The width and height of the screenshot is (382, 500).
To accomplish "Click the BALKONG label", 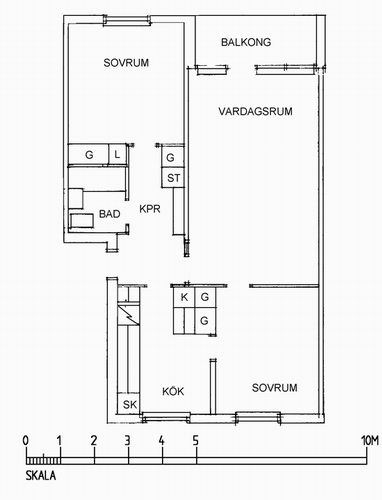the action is (x=246, y=42).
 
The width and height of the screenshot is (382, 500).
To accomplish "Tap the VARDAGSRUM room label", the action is (x=255, y=111).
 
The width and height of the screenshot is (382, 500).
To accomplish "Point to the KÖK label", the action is (x=173, y=391).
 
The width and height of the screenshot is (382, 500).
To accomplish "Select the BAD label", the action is (x=110, y=214).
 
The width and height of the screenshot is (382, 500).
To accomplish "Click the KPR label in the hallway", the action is (x=150, y=209).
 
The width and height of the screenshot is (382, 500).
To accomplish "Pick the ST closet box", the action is (x=173, y=178).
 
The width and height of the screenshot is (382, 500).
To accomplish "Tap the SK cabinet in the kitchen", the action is (x=129, y=404).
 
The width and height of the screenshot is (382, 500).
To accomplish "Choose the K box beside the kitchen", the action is (x=184, y=297).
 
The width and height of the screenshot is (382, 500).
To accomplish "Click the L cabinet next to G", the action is (x=117, y=154).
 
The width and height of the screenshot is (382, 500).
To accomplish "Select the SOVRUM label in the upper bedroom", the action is (x=126, y=63).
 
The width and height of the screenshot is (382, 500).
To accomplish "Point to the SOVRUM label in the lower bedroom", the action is (x=274, y=388).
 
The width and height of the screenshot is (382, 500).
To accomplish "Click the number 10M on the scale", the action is (x=370, y=441).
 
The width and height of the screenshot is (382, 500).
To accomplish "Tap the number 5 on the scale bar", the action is (x=196, y=441).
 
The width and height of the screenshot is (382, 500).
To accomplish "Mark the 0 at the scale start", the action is (x=26, y=441).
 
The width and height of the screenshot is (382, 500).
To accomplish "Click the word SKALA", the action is (x=41, y=476).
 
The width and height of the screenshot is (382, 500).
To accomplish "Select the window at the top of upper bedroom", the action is (x=126, y=20).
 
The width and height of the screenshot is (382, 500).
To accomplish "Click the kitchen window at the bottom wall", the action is (x=166, y=417).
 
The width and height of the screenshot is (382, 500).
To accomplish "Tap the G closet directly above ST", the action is (x=173, y=157).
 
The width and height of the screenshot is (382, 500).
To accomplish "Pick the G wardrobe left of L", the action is (x=89, y=154).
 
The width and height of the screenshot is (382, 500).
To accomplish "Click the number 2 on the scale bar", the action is (x=94, y=441).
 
